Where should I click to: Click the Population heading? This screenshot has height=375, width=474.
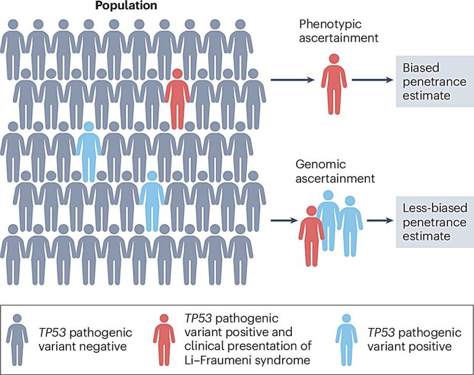pos(126,6)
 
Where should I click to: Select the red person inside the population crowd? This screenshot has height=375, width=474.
pos(177,99)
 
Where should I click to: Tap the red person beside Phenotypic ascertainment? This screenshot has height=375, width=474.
pos(334,84)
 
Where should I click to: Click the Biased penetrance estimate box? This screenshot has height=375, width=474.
pos(435,82)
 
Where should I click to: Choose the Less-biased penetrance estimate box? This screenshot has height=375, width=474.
pos(435,222)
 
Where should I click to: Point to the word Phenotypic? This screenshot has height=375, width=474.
pos(330,24)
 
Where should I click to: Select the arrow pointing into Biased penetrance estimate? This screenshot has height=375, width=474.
pos(372,80)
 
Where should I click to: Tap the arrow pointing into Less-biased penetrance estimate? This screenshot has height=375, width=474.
pos(380,221)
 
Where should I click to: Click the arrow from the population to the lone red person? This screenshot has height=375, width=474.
pos(293,80)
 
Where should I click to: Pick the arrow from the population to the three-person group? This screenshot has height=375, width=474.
pos(284,221)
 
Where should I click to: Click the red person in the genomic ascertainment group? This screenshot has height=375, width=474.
pos(311,236)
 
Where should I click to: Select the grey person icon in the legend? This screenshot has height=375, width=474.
pos(17,340)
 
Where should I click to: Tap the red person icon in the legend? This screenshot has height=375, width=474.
pos(164,340)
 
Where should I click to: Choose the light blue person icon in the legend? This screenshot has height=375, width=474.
pos(346,340)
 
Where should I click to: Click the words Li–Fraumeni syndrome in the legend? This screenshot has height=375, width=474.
pos(247,360)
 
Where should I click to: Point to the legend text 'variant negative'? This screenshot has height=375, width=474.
pos(83,347)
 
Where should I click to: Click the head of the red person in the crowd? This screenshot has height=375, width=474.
pos(177,74)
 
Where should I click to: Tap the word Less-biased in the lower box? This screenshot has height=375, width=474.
pos(435,208)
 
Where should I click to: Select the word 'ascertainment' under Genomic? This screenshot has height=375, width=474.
pos(335,179)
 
